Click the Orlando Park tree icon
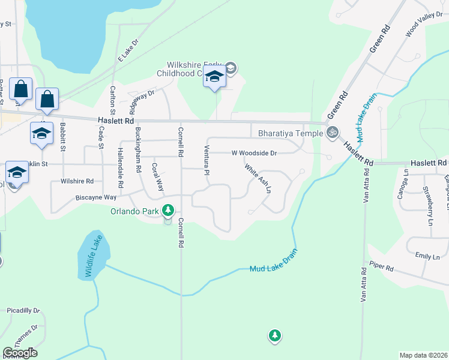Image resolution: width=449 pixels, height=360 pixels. (x=169, y=211)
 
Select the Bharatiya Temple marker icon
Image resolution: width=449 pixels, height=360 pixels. (x=332, y=133)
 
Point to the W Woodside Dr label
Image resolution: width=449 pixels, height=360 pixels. (x=255, y=153)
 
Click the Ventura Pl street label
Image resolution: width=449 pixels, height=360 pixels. (x=206, y=160)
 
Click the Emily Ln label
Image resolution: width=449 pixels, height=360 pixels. (x=427, y=256)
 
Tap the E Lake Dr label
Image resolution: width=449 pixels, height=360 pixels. (x=128, y=50)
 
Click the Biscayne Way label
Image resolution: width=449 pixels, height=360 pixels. (x=96, y=197)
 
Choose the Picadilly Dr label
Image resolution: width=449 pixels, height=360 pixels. (x=23, y=310)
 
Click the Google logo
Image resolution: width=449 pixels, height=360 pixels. (x=20, y=353)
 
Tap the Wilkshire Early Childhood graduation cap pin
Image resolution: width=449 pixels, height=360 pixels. (x=214, y=78)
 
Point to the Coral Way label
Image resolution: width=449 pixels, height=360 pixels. (x=157, y=177)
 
